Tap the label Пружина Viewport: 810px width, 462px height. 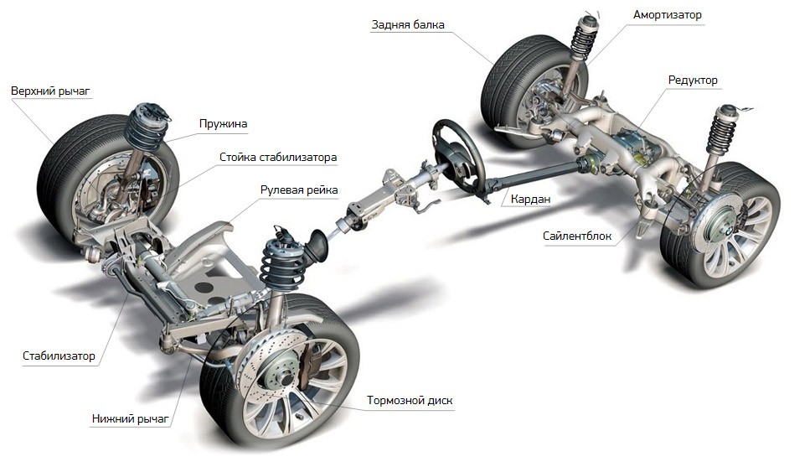(223, 123)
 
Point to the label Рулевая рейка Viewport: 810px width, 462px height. (298, 190)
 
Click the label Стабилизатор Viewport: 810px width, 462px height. (59, 356)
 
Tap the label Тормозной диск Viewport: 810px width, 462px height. (410, 400)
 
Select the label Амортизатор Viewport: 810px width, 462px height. (668, 15)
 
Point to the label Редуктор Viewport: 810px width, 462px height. (693, 80)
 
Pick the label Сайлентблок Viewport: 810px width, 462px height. (577, 236)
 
